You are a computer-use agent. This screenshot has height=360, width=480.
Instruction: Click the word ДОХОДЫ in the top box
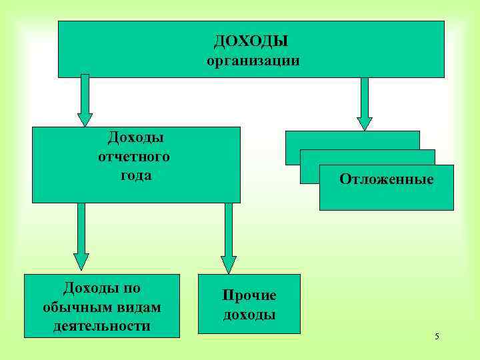click(251, 41)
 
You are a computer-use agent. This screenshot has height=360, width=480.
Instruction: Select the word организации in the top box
click(253, 61)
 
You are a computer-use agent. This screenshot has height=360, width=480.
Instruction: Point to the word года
click(136, 175)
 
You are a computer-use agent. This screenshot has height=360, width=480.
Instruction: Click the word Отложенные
click(386, 179)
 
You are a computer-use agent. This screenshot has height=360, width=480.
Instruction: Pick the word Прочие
click(249, 295)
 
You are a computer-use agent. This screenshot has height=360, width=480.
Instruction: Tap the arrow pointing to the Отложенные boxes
click(364, 104)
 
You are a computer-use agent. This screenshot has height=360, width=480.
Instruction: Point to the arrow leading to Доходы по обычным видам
click(81, 237)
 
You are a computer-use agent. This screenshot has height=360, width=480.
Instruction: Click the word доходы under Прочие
click(249, 315)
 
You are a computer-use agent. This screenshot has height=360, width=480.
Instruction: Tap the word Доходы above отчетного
click(136, 137)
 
